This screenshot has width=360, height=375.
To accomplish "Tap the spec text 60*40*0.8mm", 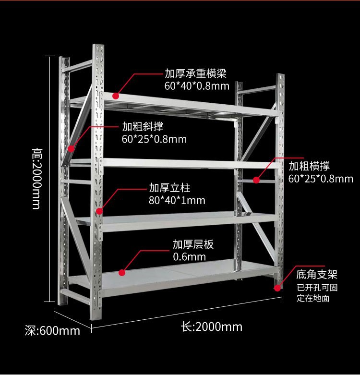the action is [196, 86].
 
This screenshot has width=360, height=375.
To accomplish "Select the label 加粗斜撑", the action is [143, 127].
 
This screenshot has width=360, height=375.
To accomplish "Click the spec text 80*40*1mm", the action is [177, 200].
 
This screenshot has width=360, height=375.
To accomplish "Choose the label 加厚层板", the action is [193, 244].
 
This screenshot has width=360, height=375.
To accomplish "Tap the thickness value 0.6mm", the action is [189, 257].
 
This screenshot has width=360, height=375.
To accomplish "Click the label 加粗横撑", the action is [309, 167].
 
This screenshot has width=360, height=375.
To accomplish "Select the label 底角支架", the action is [317, 275].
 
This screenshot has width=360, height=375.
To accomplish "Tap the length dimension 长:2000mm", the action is [212, 327].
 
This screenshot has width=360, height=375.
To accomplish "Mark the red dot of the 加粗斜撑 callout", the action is [72, 148].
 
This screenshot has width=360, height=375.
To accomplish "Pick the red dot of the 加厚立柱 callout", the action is [99, 210].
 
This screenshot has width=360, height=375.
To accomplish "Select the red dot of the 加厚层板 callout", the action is [122, 272].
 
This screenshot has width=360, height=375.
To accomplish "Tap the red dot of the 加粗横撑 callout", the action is [256, 180].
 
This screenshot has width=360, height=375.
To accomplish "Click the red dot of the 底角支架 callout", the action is [277, 288].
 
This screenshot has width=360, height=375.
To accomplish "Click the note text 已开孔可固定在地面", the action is [317, 293].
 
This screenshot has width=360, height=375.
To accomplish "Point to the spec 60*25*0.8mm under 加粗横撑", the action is [321, 179].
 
